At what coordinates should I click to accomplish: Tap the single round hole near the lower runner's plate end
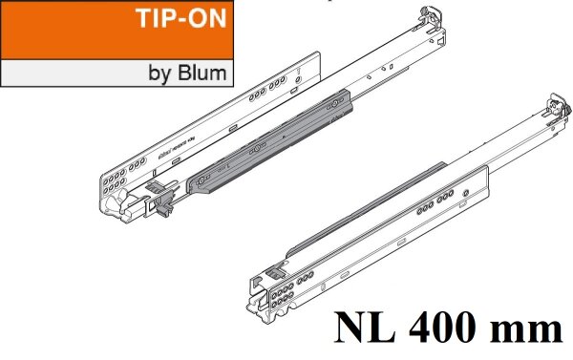pos(464,196)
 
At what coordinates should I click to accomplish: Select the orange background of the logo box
pos(57,29)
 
